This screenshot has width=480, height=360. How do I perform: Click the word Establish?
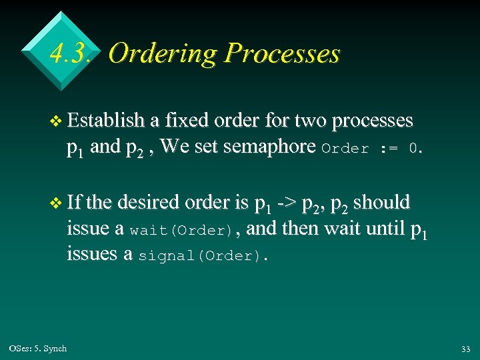[107, 121]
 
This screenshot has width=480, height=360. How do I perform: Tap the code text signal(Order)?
[201, 257]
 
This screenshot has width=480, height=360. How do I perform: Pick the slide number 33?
[465, 349]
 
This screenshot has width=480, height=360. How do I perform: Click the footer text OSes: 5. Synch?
[38, 348]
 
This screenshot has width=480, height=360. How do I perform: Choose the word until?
[379, 228]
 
